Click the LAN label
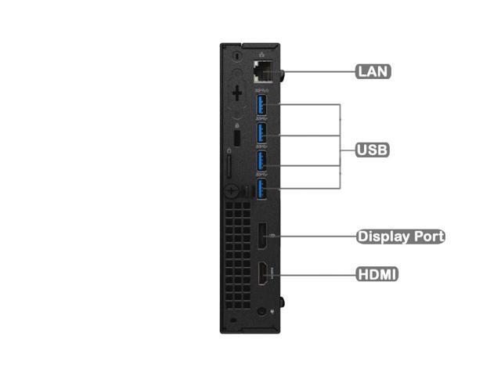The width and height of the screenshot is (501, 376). [373, 71]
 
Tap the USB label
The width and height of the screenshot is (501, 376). [373, 149]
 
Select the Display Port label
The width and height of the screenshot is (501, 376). [400, 236]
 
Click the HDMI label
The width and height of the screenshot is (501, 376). [377, 274]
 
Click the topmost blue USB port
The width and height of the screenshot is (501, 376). [262, 105]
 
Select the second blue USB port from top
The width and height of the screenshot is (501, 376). [262, 132]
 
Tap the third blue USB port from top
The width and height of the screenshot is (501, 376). [262, 160]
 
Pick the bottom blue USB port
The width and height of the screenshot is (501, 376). [262, 188]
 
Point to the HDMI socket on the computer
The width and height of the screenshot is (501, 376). [261, 274]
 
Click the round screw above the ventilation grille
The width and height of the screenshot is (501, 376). [232, 190]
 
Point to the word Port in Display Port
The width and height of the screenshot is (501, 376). [427, 236]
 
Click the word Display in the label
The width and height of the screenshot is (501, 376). [384, 236]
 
